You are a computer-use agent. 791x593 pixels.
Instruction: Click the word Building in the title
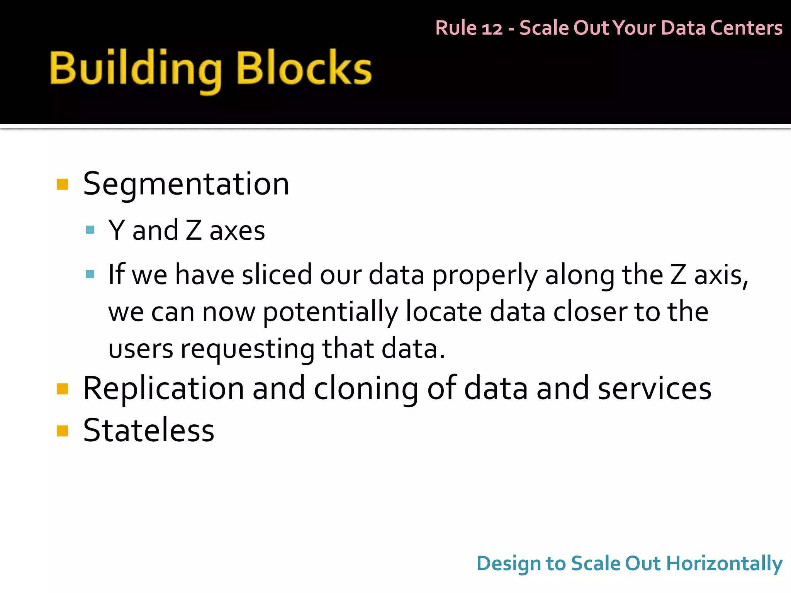(x=136, y=69)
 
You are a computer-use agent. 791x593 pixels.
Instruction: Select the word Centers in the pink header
(x=746, y=28)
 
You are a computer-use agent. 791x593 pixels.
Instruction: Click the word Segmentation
(x=186, y=184)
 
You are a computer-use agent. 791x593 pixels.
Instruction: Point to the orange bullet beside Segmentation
(x=62, y=185)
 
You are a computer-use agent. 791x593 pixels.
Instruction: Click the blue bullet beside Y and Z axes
(x=90, y=230)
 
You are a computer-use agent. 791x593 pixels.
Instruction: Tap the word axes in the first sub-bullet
(x=237, y=231)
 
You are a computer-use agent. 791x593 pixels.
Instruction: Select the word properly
(x=484, y=275)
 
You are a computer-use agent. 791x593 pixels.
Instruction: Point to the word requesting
(x=248, y=349)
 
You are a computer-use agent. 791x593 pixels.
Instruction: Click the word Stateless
(x=149, y=430)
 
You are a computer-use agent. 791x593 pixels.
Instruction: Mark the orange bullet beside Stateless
(x=62, y=430)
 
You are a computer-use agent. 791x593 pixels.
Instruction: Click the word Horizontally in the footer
(x=725, y=563)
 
